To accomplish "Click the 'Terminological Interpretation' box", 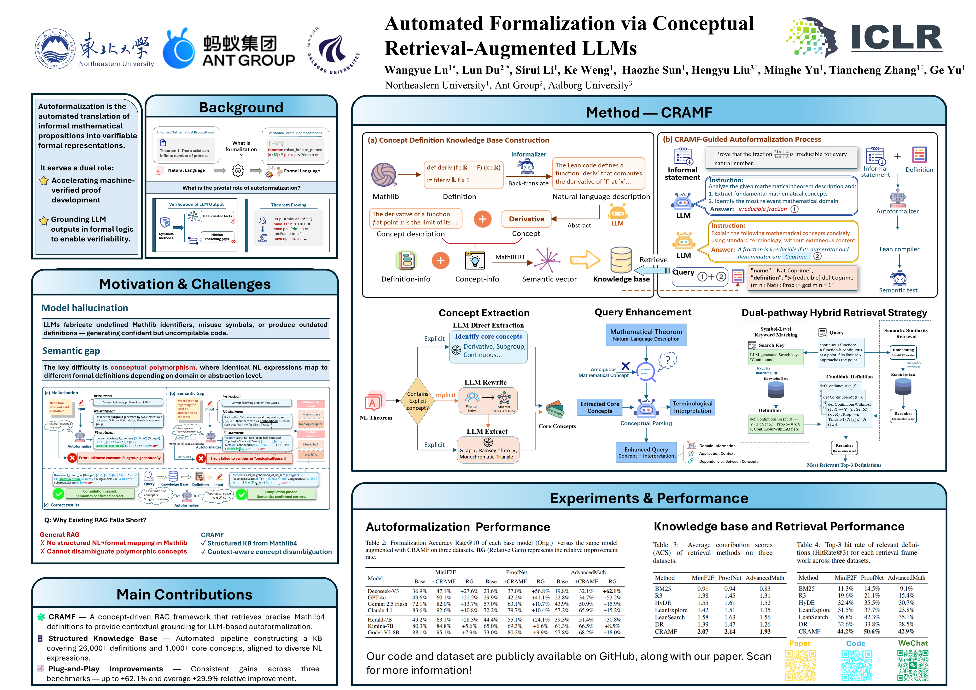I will pyautogui.click(x=692, y=407).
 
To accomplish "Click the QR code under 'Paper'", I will pyautogui.click(x=801, y=665).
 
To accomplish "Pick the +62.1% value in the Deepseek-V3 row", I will pyautogui.click(x=612, y=591).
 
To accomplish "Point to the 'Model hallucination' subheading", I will pyautogui.click(x=85, y=308).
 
